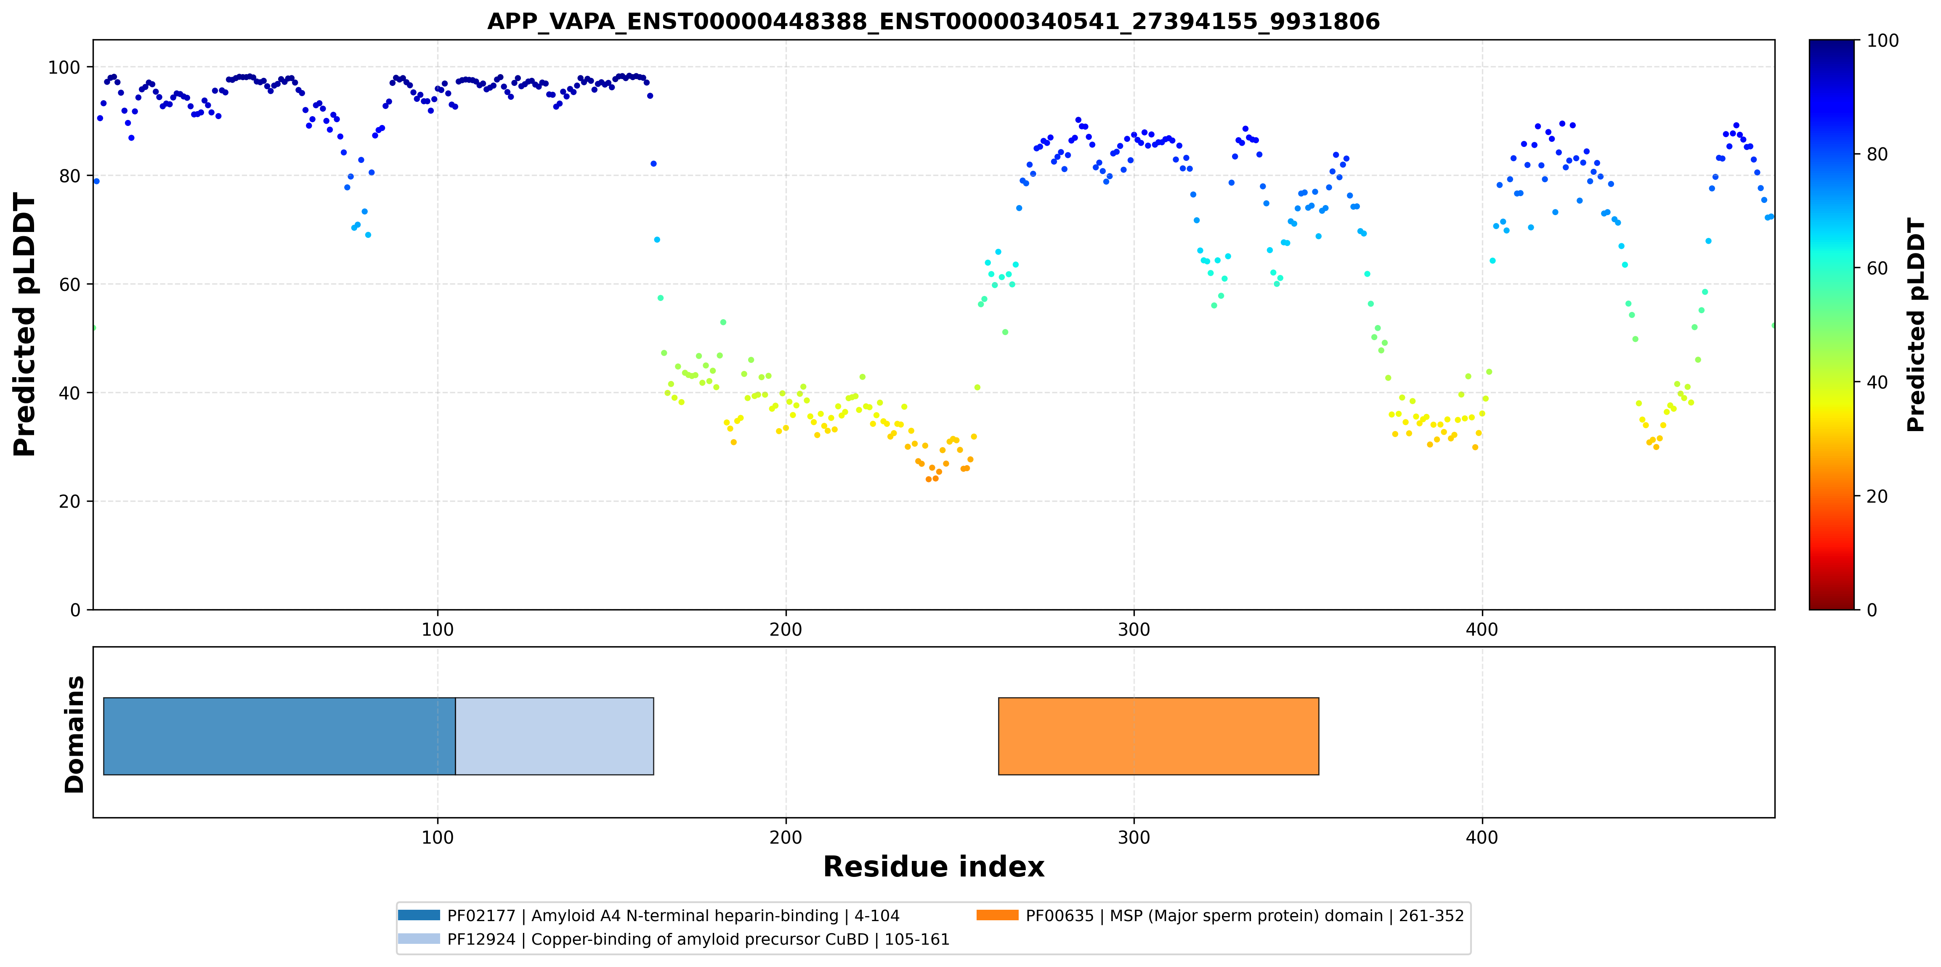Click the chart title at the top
934,21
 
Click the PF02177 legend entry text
673,916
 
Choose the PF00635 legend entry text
1245,916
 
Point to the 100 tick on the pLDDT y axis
64,68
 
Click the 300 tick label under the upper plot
1134,629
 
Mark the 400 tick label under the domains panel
1482,837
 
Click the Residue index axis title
934,867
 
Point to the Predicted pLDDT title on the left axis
25,325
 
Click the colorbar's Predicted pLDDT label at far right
1916,325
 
